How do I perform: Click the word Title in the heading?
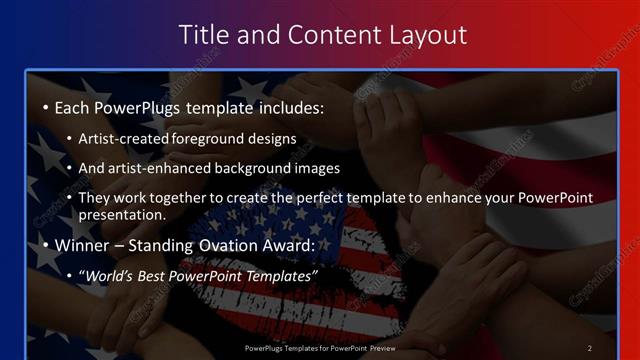203,35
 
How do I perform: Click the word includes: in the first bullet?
287,107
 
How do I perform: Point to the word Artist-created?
124,139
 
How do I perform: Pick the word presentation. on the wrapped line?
122,214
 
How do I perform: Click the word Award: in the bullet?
288,245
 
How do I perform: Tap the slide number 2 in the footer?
589,348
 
